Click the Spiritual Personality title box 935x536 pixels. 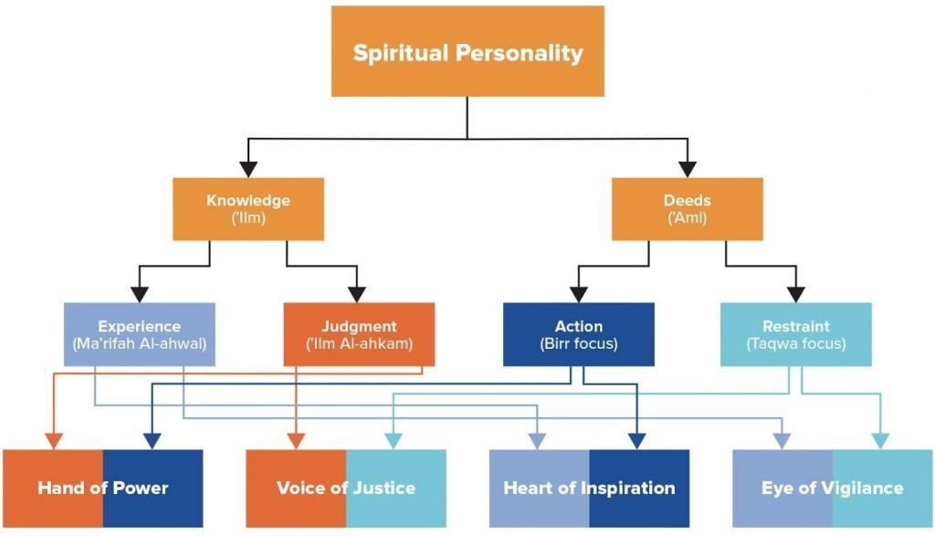[467, 51]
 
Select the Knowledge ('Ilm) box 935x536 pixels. [248, 209]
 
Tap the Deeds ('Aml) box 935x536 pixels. [687, 209]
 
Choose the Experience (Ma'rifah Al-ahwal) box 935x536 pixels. [140, 334]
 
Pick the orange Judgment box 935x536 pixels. [359, 334]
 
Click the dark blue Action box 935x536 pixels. [578, 334]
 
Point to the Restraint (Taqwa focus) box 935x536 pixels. [796, 334]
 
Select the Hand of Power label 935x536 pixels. [103, 488]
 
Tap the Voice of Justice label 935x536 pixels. [346, 488]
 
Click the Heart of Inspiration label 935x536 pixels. [589, 488]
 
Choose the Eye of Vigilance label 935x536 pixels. [832, 488]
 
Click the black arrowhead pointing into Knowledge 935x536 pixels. [248, 169]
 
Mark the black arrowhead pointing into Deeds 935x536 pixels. [687, 169]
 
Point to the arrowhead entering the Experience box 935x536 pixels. [140, 294]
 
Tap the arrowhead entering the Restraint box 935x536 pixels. [796, 294]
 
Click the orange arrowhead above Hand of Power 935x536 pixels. [54, 442]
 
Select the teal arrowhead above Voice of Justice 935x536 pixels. [394, 442]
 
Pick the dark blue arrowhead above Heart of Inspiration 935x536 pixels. [636, 442]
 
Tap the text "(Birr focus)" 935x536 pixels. [578, 344]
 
